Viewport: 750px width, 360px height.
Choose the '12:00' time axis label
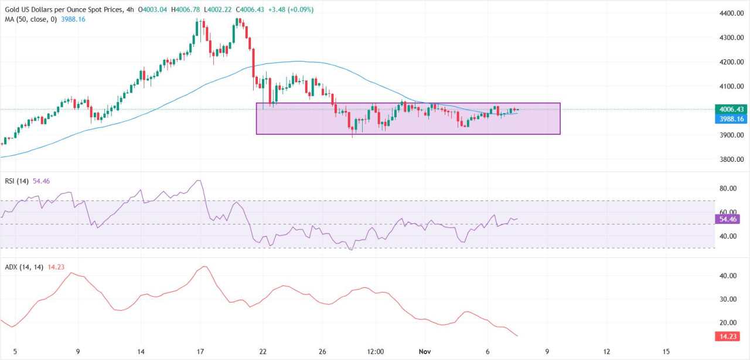click(x=376, y=352)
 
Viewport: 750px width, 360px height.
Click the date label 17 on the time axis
click(x=200, y=352)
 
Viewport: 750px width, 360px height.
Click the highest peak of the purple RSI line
click(x=200, y=180)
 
